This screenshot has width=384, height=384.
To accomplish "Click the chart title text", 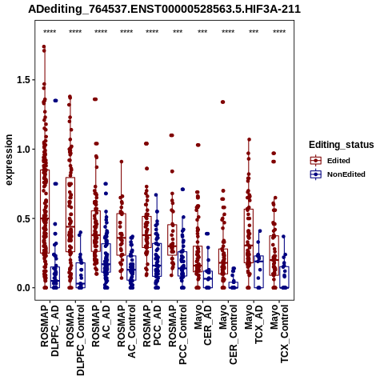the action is click(x=165, y=9).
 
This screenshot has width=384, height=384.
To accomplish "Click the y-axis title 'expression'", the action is click(x=9, y=160).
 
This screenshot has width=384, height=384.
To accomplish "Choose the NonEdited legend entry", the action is click(x=338, y=174).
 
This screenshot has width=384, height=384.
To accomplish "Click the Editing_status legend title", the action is click(x=342, y=145).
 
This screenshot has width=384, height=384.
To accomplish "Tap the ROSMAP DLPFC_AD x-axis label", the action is click(x=50, y=330).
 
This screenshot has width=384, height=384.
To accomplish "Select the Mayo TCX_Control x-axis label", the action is click(x=279, y=334).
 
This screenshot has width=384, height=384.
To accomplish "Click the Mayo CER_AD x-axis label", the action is click(x=203, y=326).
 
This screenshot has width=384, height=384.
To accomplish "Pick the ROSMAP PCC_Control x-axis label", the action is click(x=178, y=334).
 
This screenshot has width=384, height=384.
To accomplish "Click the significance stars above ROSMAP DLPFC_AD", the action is click(x=50, y=32).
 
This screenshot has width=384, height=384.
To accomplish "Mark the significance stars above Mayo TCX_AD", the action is click(x=254, y=32).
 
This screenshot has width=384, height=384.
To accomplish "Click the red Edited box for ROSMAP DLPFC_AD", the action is click(x=45, y=211).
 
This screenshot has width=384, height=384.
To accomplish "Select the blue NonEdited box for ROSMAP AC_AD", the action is click(x=106, y=258).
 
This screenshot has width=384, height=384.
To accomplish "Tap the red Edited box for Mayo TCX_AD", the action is click(x=249, y=236).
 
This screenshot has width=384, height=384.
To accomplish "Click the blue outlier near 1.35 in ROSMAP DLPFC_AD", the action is click(x=55, y=101).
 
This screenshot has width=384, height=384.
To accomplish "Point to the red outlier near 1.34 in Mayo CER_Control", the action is click(x=222, y=102).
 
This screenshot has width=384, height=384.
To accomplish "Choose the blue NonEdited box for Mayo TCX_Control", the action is click(x=284, y=278).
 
